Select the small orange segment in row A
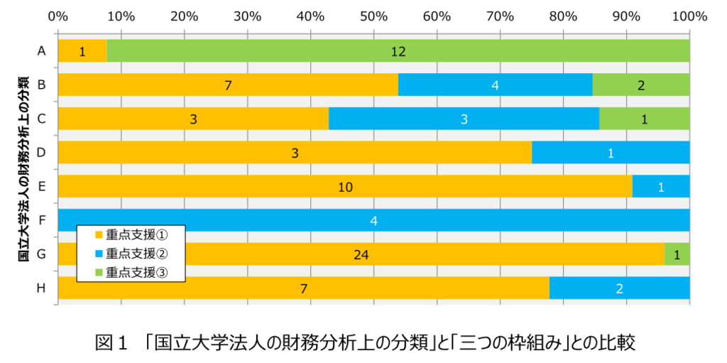click(82, 50)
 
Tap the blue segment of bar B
click(495, 85)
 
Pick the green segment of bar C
click(644, 119)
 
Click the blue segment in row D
click(611, 153)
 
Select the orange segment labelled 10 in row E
click(345, 186)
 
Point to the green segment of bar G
click(677, 254)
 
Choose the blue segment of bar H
click(619, 288)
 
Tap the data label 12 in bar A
click(398, 51)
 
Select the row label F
click(42, 220)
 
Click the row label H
click(42, 288)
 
